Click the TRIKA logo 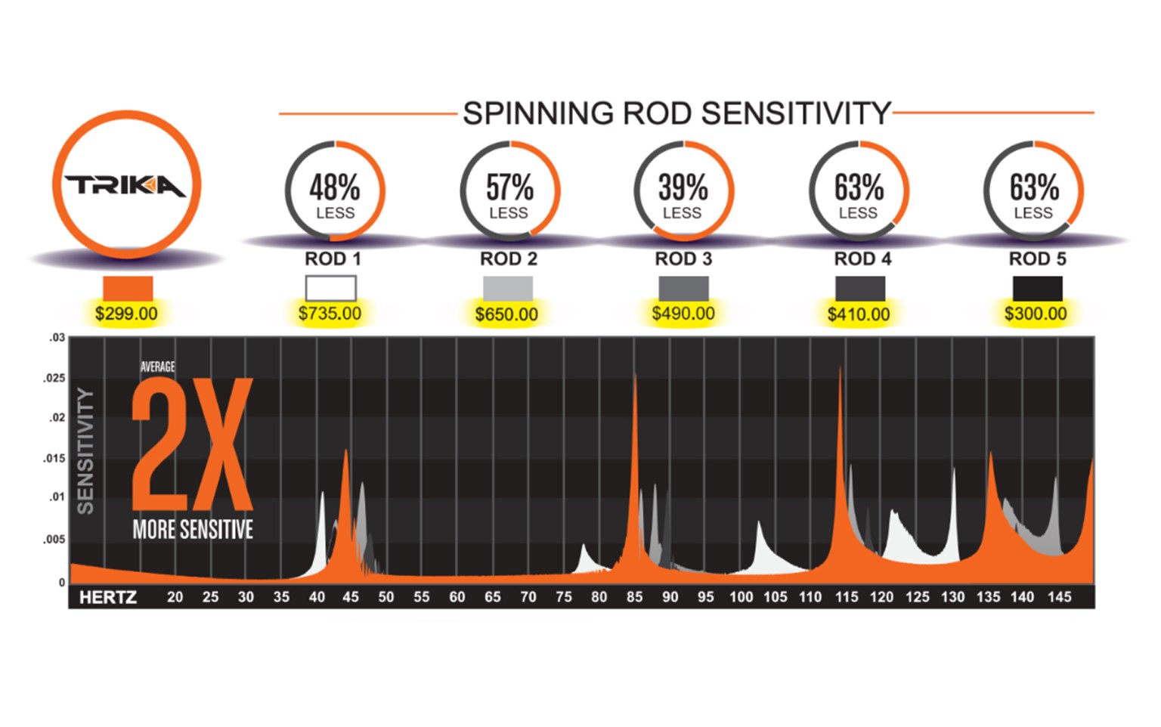(x=125, y=186)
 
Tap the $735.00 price (x=330, y=314)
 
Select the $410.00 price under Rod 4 (x=859, y=314)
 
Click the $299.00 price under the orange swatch (x=126, y=314)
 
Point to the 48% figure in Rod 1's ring (x=334, y=187)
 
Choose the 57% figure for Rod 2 (x=509, y=187)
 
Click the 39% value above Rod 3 (x=683, y=187)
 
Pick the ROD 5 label (x=1037, y=259)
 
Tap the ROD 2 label (x=509, y=259)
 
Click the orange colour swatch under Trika (x=128, y=289)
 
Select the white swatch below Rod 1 (x=330, y=288)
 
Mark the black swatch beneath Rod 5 (x=1037, y=288)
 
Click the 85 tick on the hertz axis (x=634, y=597)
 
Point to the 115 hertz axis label (x=847, y=597)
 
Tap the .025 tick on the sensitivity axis (x=54, y=378)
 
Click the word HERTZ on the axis (x=108, y=598)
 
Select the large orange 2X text (x=191, y=446)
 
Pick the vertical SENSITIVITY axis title (x=86, y=451)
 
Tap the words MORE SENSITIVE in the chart (x=193, y=530)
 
